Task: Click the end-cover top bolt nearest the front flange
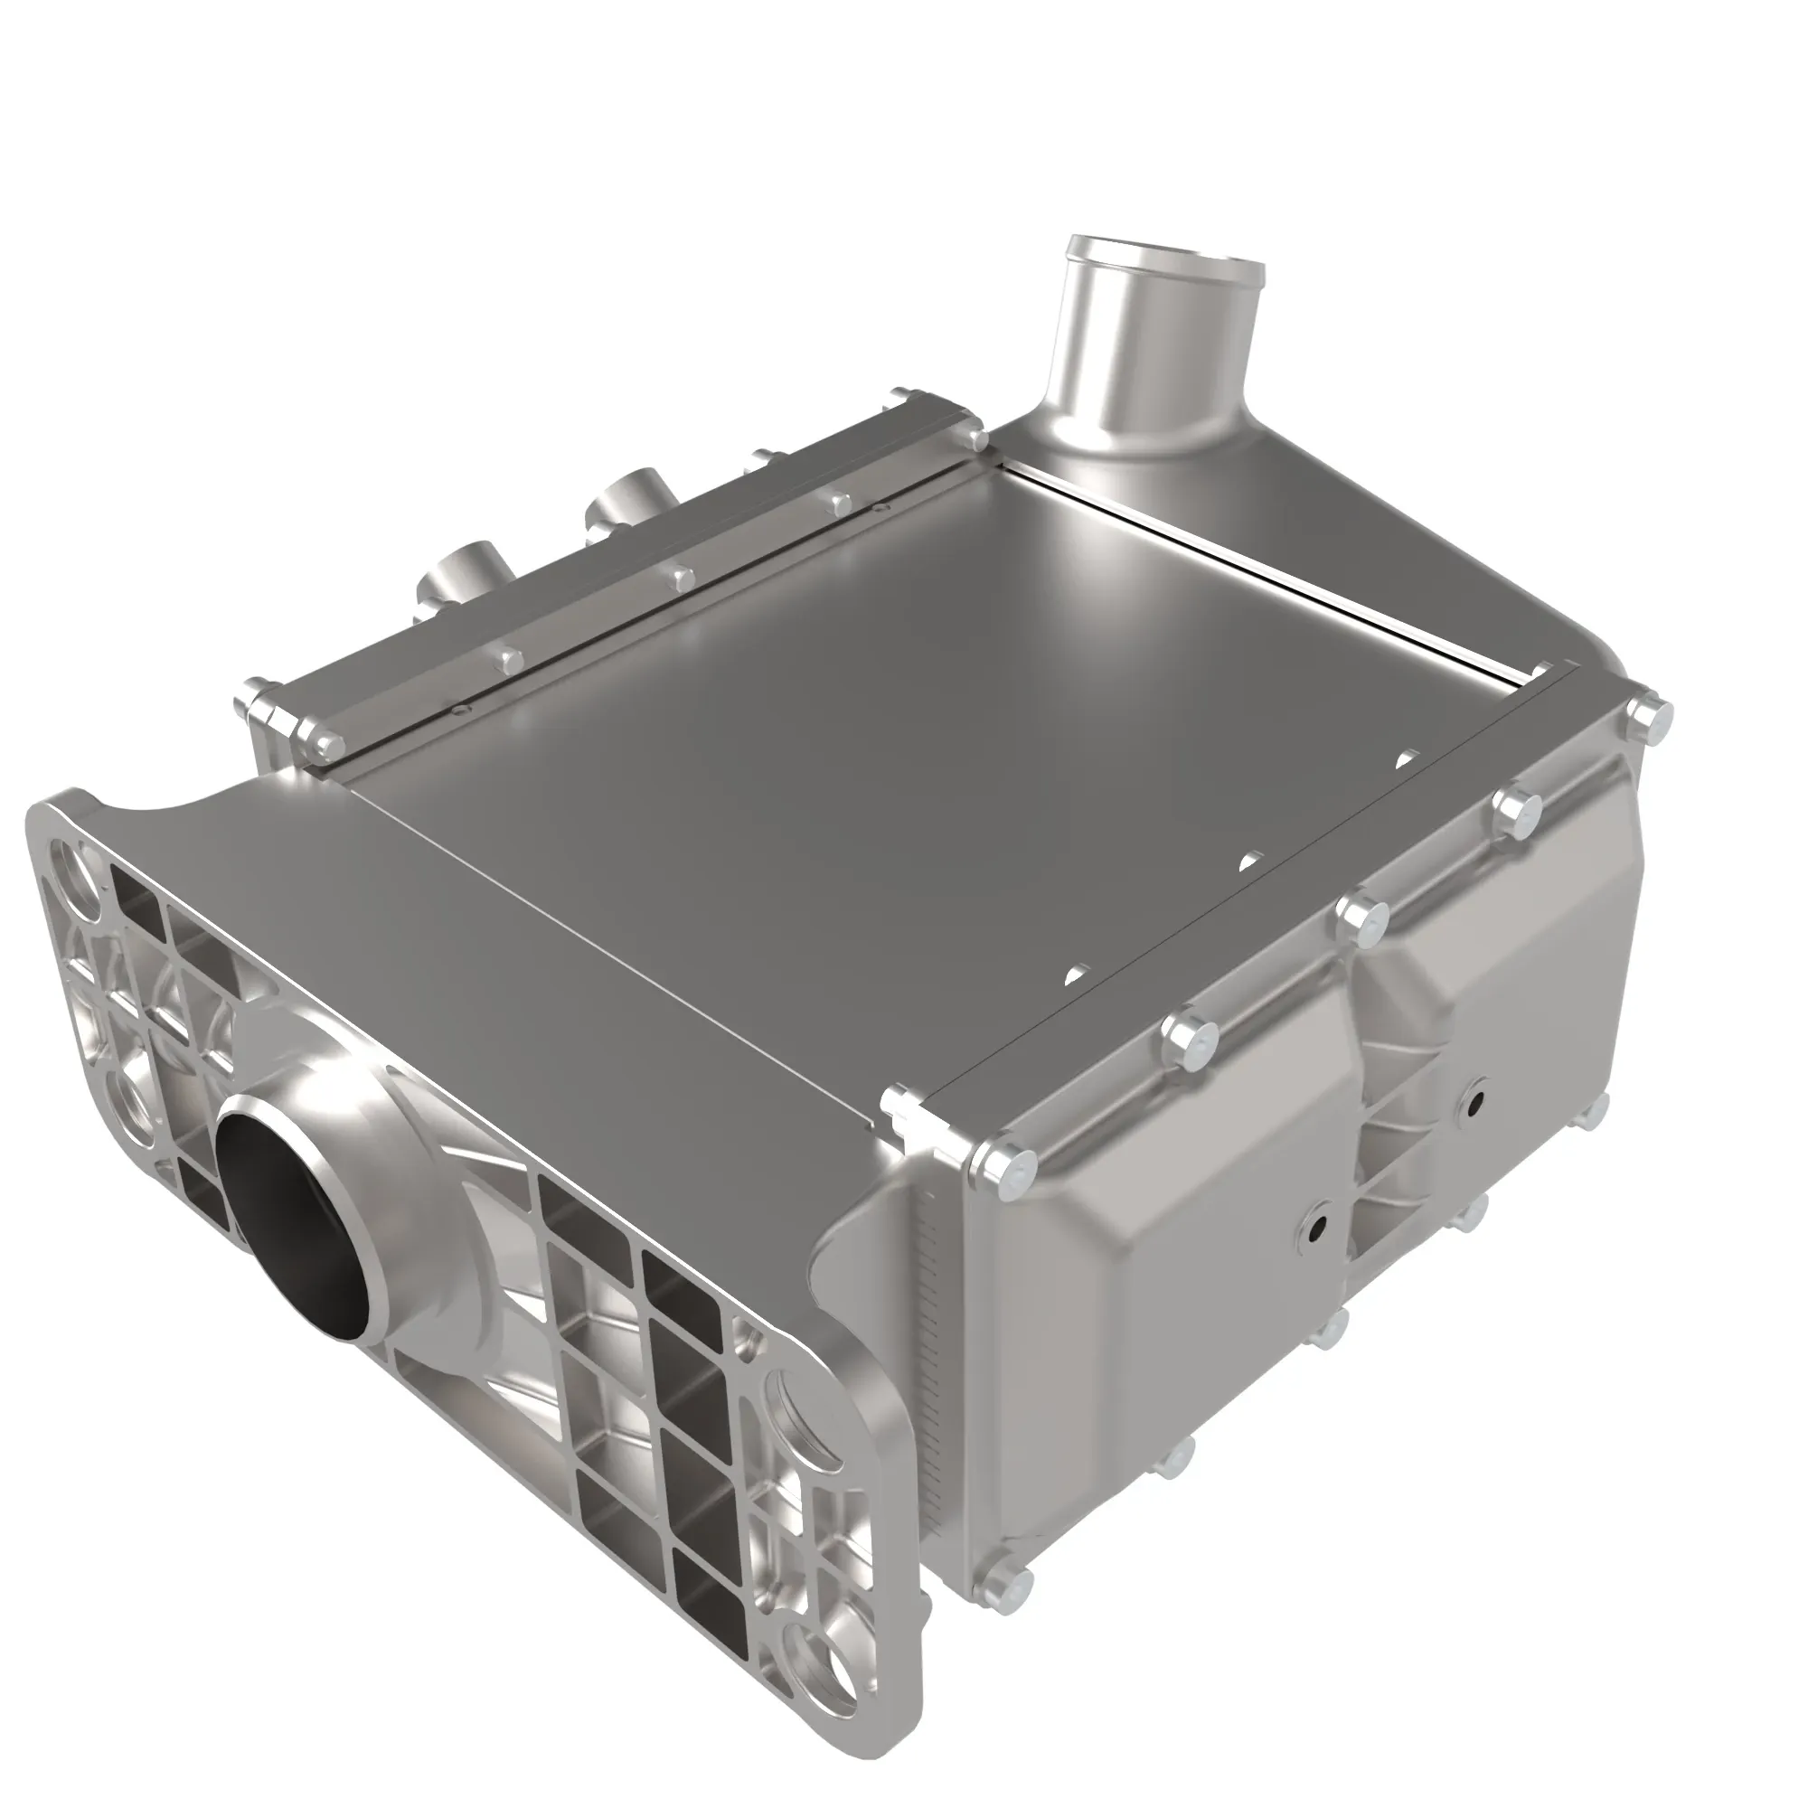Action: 1004,1167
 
